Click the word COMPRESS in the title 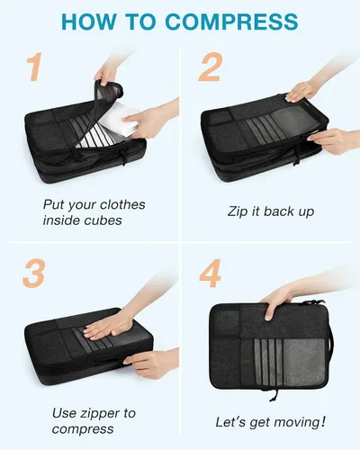point(231,22)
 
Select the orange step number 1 point(35,67)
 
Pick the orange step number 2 point(211,67)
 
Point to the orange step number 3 point(34,274)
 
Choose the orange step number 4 point(211,274)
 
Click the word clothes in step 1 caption point(122,204)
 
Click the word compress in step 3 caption point(83,429)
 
